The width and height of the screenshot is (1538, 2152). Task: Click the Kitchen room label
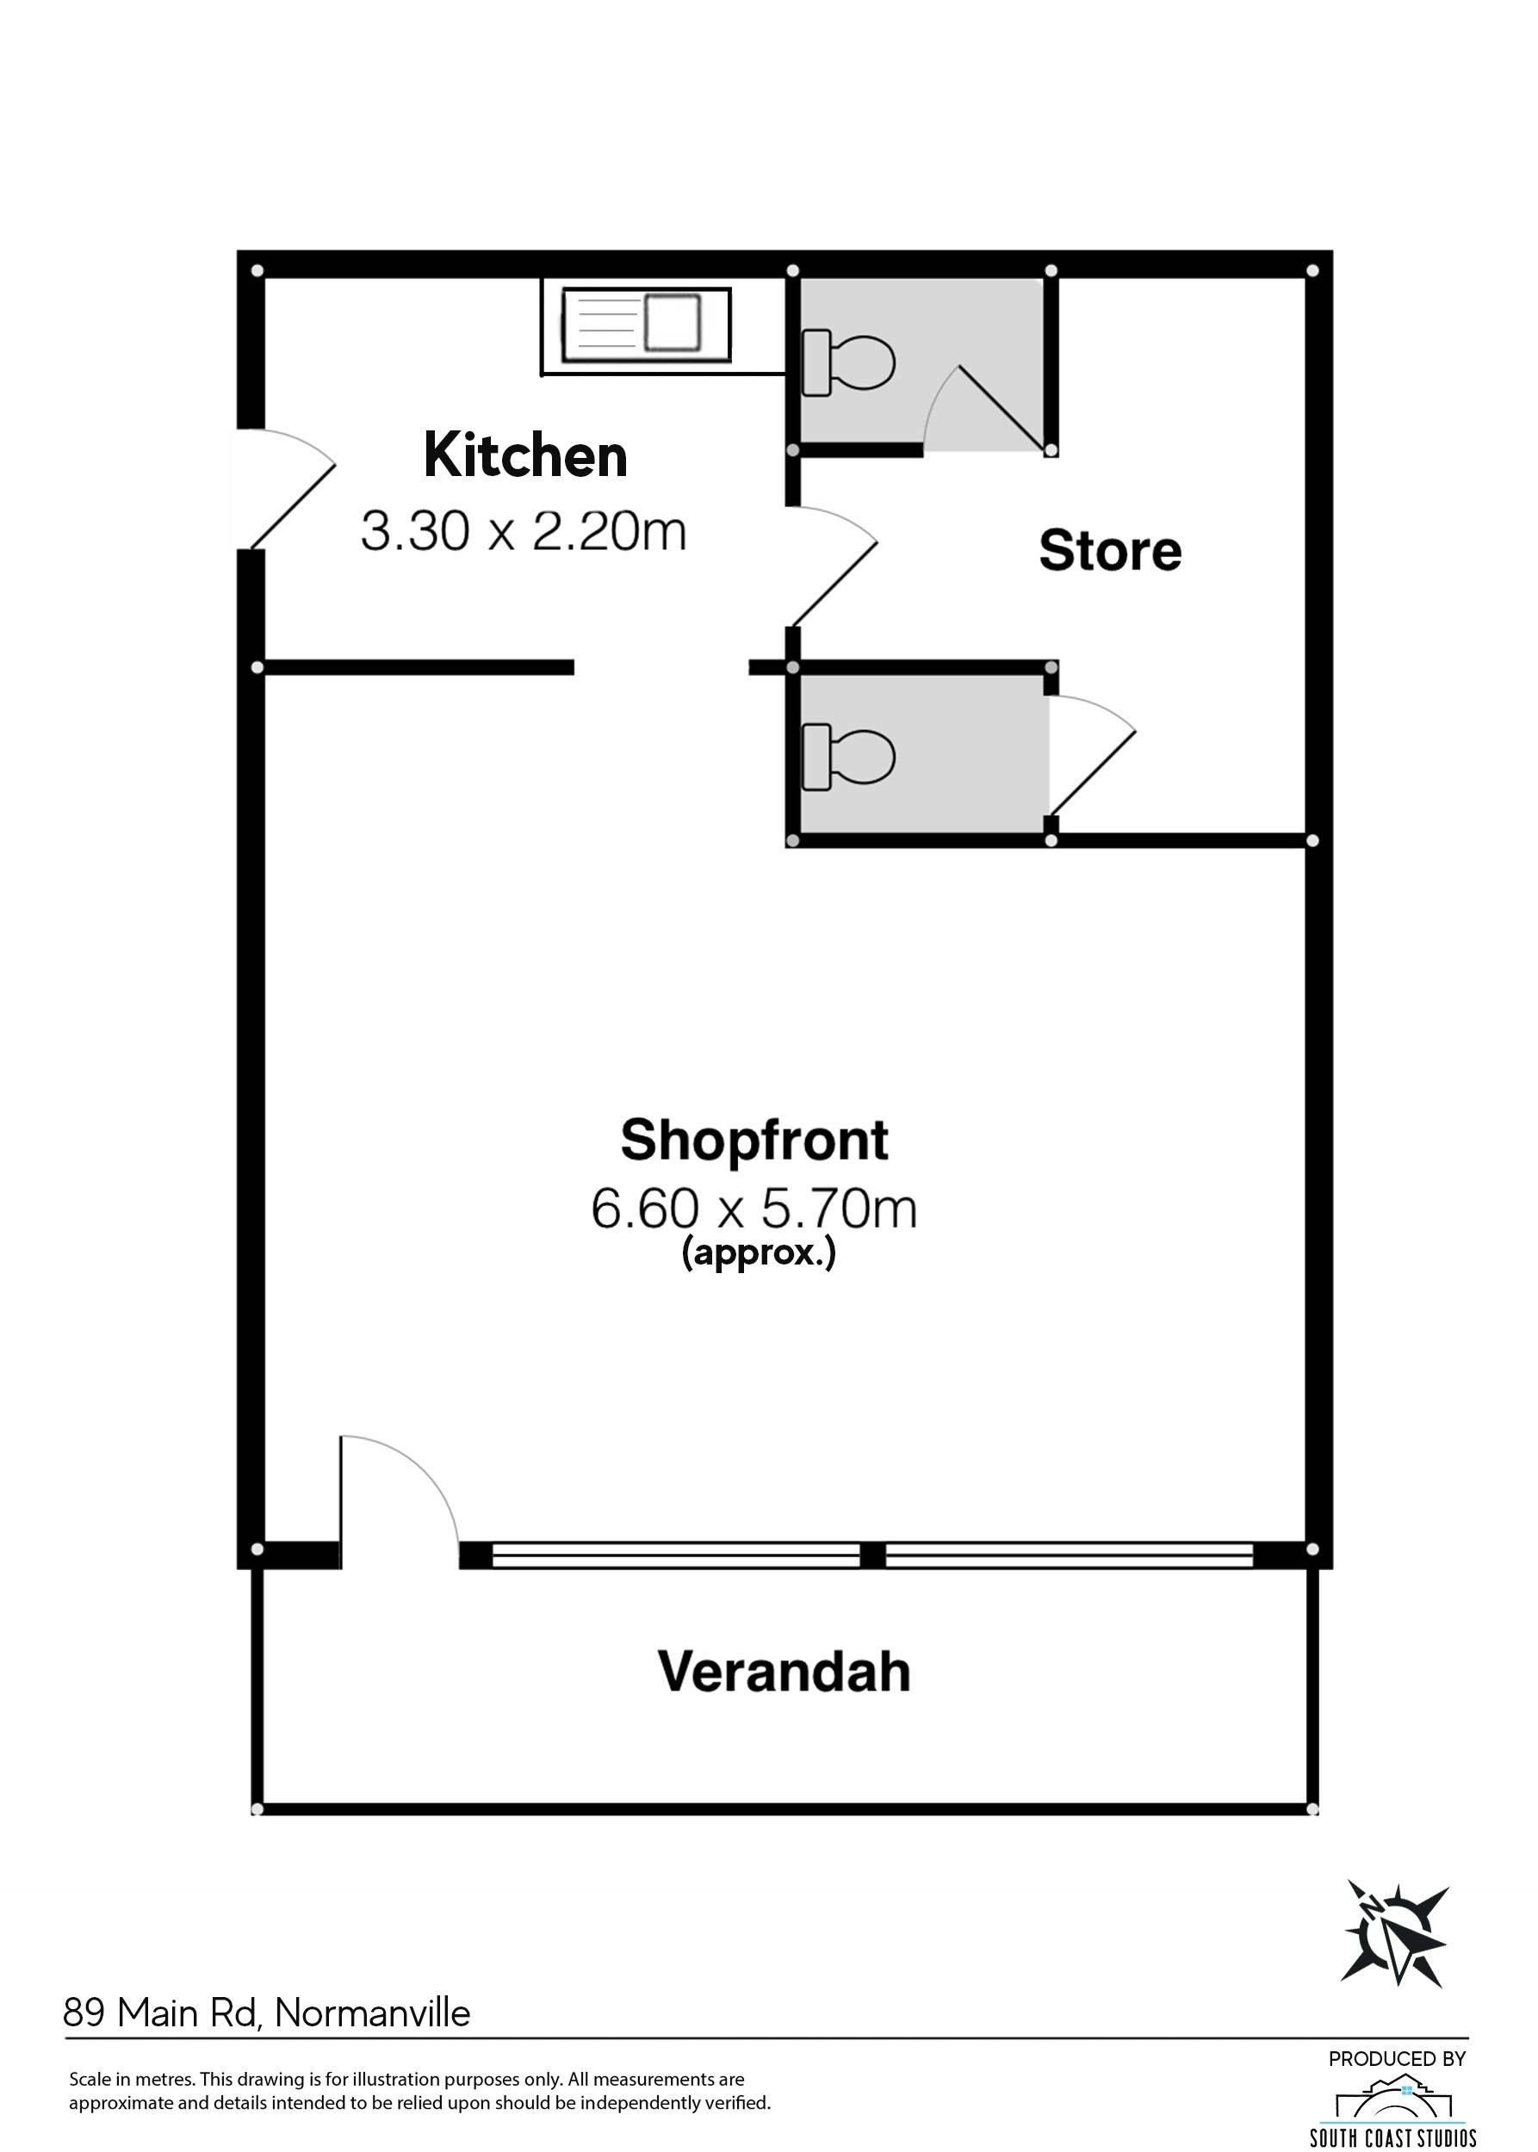(525, 455)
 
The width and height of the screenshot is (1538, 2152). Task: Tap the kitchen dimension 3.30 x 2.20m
(524, 531)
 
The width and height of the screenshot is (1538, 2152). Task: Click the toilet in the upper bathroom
(848, 362)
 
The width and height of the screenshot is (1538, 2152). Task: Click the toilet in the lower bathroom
(848, 757)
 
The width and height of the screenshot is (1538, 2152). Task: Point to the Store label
(1110, 550)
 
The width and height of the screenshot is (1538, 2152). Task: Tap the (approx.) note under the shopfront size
(759, 1253)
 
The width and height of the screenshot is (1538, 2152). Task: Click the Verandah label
(785, 1672)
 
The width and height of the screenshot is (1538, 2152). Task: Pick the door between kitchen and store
(834, 566)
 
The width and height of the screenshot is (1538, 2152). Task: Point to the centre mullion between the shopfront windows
(872, 1555)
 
